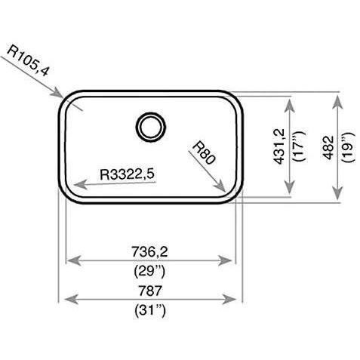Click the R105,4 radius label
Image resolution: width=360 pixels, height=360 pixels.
27,60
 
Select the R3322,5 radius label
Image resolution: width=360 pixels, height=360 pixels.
127,174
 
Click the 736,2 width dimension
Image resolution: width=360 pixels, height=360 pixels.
149,251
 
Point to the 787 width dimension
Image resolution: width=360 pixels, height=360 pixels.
149,291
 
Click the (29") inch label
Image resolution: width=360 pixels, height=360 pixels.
149,271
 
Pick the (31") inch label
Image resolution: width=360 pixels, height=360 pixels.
150,310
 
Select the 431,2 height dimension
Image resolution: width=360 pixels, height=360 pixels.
279,146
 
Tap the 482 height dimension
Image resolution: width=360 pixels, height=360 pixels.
328,148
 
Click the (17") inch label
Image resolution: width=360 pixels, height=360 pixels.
299,146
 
